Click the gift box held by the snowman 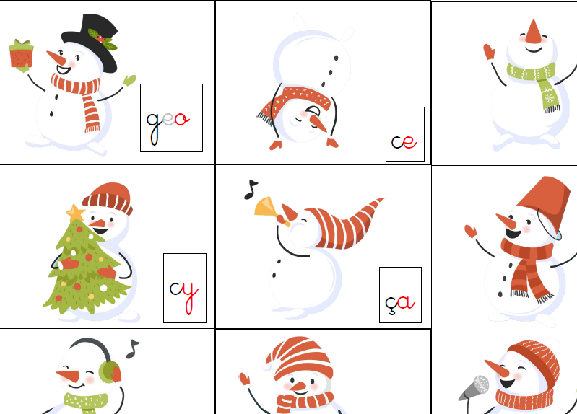(22, 54)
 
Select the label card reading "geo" (171, 118)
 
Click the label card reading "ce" (405, 134)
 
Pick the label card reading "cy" (185, 288)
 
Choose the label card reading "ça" (400, 295)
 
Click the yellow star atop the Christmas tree (75, 213)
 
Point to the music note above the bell (251, 190)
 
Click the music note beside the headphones (132, 348)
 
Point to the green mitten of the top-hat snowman (129, 81)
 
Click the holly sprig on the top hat (103, 39)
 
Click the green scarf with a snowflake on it (535, 83)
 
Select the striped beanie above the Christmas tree (108, 198)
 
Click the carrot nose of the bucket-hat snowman (506, 221)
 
